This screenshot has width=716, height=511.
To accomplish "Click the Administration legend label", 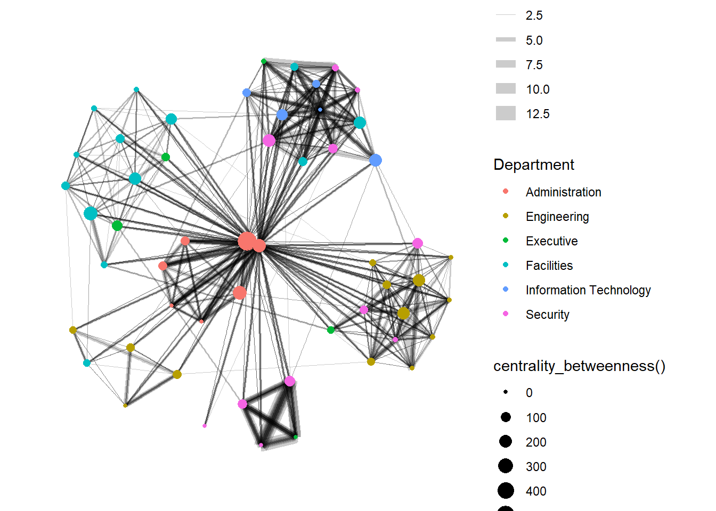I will pos(563,192).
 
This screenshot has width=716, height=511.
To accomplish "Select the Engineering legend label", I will pos(557,217).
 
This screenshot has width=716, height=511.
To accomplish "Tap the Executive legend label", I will pos(551,241).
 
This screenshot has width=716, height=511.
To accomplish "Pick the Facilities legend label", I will pos(549,266).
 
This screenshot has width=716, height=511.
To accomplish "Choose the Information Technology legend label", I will pos(588,290).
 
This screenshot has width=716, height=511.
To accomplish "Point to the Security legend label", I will pos(547,315).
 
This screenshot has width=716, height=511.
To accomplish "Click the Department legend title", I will pos(534,164).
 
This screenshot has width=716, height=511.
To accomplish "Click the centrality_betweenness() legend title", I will pos(579,366).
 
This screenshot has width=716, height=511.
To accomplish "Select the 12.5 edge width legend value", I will pos(538,114).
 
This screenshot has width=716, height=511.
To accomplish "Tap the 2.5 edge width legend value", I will pos(534,15).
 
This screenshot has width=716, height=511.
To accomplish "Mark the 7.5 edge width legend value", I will pos(534,65).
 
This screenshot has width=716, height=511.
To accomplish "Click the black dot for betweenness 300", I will pos(506,466).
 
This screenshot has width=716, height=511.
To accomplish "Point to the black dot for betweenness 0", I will pos(506,392).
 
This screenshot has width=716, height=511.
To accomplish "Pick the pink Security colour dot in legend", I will pos(506,314).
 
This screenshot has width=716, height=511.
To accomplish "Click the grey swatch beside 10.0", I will pos(506,89).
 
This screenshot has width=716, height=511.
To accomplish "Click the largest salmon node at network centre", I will pos(246,241).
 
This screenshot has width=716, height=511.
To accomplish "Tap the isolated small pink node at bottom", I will pos(205,426).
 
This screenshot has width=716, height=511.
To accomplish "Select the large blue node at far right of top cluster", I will pos(376,160).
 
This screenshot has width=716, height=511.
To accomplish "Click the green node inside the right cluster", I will pos(331,330).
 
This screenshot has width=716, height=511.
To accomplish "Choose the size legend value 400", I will pos(536,491).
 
